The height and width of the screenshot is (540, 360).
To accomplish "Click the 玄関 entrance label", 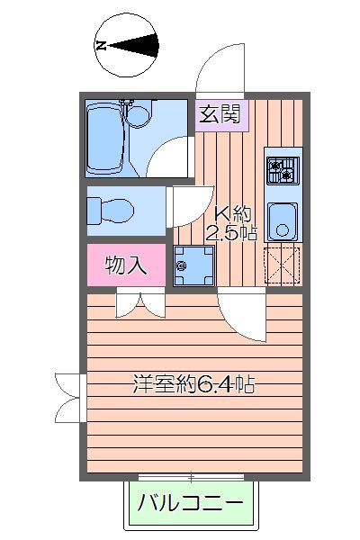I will (x=219, y=113).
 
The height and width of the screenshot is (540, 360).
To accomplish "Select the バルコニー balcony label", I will (x=190, y=503).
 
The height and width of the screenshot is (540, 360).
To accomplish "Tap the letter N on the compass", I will (x=101, y=44).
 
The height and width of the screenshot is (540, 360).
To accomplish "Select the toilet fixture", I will (x=109, y=210).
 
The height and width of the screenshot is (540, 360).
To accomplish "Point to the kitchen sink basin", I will (x=284, y=220).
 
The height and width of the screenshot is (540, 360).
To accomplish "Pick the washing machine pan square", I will (x=192, y=265).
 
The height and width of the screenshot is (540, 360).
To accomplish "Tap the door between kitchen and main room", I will (x=240, y=317).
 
